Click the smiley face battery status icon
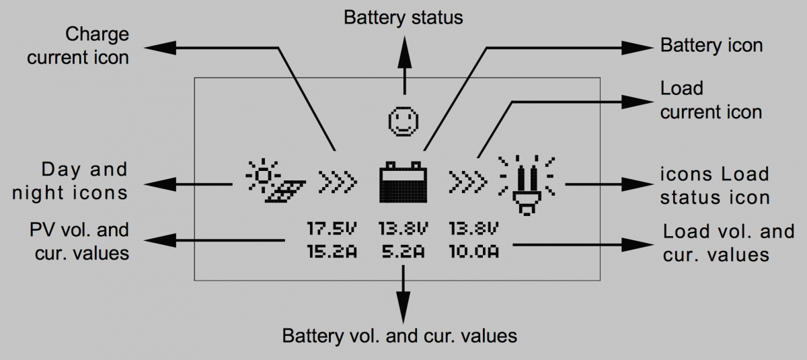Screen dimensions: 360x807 pyautogui.click(x=403, y=121)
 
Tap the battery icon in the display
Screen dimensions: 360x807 pyautogui.click(x=403, y=182)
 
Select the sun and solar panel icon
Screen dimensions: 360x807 pyautogui.click(x=275, y=180)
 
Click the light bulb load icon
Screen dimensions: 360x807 pyautogui.click(x=527, y=184)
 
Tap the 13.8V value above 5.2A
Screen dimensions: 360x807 pyautogui.click(x=402, y=228)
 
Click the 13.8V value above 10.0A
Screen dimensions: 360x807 pyautogui.click(x=474, y=228)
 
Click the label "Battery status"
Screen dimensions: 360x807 pyautogui.click(x=403, y=17)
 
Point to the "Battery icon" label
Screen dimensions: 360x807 pyautogui.click(x=712, y=46)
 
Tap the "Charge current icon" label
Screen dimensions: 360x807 pyautogui.click(x=78, y=46)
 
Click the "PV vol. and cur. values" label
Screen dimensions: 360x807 pyautogui.click(x=80, y=241)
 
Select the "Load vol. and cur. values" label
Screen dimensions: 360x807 pyautogui.click(x=728, y=243)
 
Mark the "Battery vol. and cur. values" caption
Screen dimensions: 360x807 pyautogui.click(x=399, y=335)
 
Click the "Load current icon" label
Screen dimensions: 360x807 pyautogui.click(x=711, y=100)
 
